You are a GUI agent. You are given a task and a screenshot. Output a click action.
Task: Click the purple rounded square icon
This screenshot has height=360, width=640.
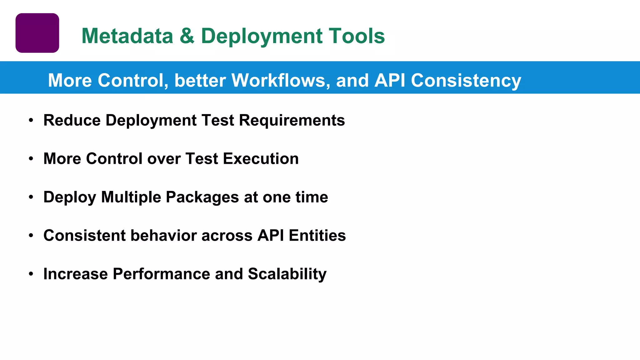[37, 33]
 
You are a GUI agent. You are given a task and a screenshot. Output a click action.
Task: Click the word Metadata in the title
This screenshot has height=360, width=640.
[127, 36]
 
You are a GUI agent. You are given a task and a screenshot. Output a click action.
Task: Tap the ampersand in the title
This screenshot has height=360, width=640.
[187, 36]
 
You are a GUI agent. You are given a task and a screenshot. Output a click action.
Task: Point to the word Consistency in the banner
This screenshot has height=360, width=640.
[466, 80]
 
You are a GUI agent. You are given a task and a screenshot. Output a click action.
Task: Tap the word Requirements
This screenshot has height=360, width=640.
[292, 120]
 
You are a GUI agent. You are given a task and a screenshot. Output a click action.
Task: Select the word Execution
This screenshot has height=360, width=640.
[261, 159]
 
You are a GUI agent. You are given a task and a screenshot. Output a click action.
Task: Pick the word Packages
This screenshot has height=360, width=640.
[202, 197]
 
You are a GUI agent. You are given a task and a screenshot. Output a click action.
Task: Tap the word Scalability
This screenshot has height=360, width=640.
[287, 274]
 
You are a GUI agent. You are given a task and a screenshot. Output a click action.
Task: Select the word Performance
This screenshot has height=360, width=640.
[161, 274]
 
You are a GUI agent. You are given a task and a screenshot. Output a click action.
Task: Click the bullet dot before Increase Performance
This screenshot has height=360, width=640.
[31, 274]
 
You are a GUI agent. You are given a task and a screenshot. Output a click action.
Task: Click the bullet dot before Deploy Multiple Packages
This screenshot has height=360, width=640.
[31, 197]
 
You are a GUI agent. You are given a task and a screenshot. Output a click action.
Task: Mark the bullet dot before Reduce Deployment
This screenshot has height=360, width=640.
[31, 120]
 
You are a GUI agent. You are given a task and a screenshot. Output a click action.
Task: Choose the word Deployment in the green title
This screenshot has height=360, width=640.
[262, 36]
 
